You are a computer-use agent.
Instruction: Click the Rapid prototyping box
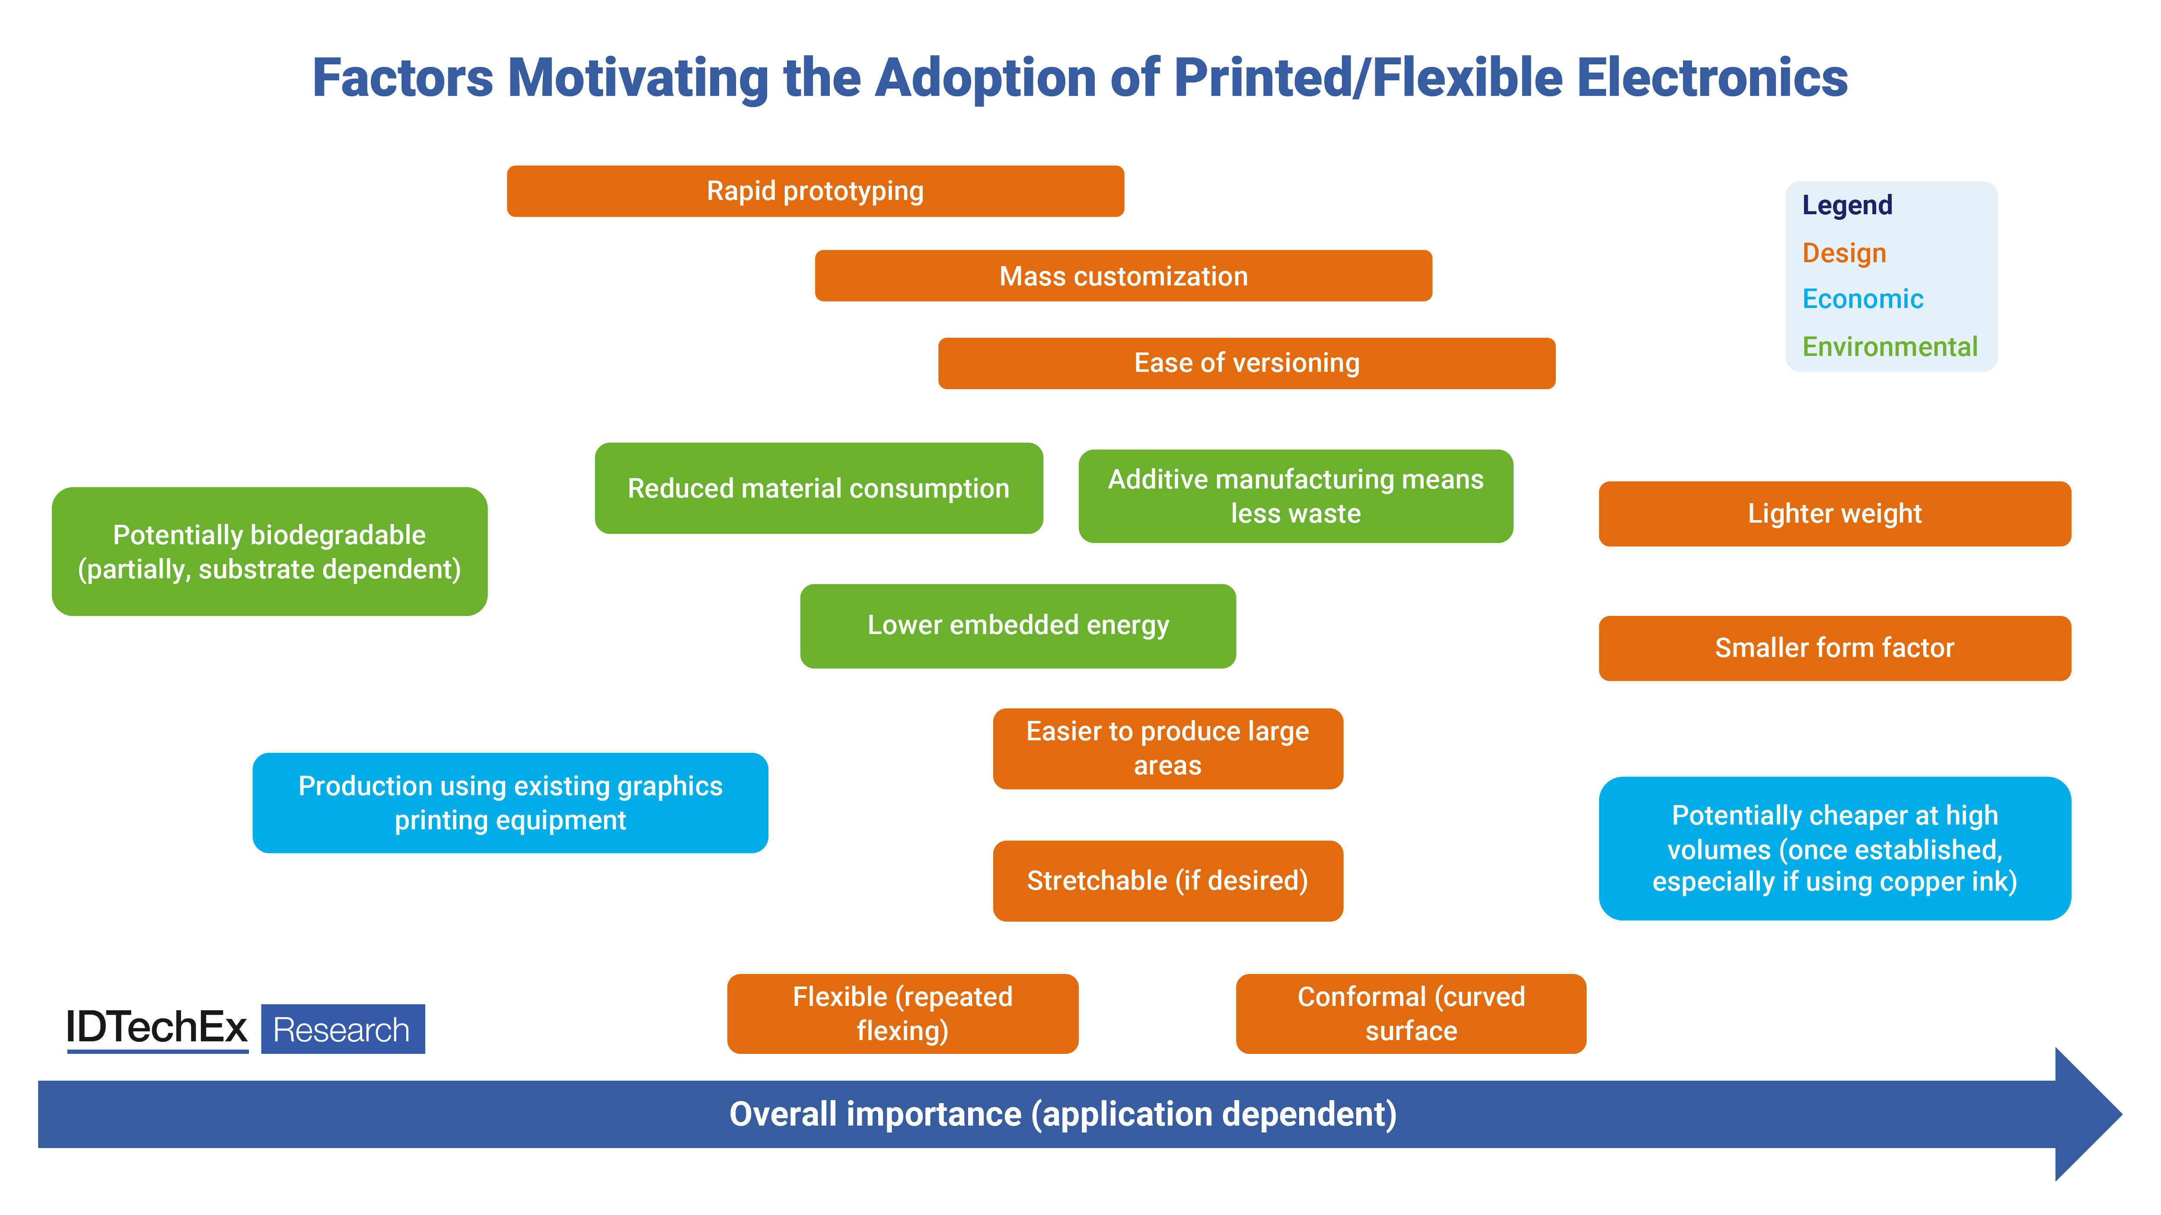click(815, 191)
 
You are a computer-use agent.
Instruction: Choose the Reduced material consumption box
click(818, 488)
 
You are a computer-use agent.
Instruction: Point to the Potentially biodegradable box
click(269, 552)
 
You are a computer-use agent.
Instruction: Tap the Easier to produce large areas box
click(1167, 748)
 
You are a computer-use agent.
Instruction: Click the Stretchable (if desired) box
click(1167, 880)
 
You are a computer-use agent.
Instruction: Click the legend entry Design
click(1844, 253)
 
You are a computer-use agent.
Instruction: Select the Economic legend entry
click(1862, 299)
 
